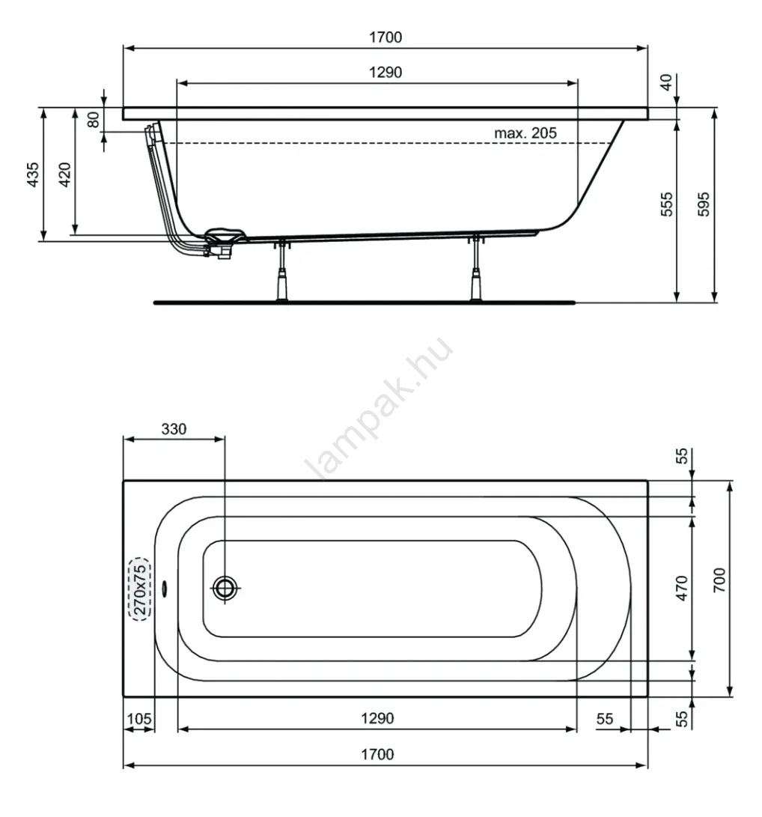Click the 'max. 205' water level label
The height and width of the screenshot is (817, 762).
coord(525,133)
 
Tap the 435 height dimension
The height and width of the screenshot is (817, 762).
coord(33,174)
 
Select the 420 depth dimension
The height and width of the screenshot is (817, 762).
coord(64,174)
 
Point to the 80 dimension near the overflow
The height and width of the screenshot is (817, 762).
coord(94,120)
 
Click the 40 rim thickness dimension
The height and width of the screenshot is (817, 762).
coord(667,82)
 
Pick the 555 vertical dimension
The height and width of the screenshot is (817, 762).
coord(667,204)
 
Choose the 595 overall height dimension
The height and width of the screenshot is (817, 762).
coord(704,204)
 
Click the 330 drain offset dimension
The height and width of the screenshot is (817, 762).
coord(174,429)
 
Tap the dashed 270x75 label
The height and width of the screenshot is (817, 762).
coord(139,589)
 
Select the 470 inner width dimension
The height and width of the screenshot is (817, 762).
coord(682,589)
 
